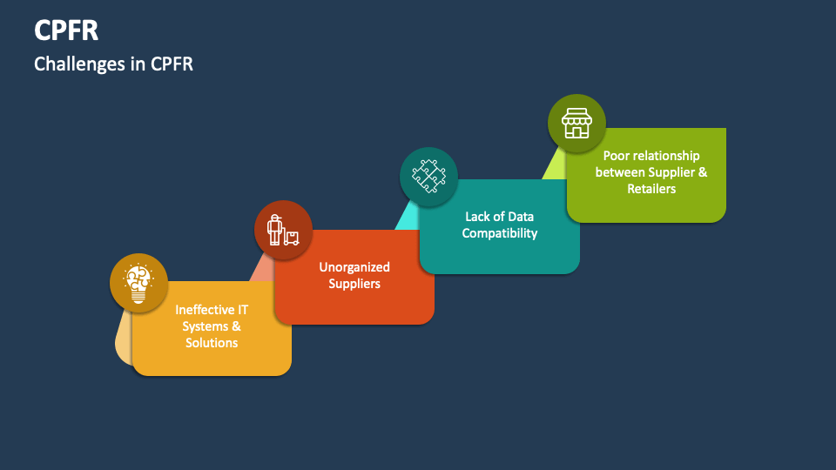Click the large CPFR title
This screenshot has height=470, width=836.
66,30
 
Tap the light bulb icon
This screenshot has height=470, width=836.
138,282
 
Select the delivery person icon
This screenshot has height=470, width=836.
283,229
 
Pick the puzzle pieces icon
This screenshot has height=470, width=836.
428,176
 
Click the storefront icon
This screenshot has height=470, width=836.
576,124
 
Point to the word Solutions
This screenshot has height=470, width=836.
212,343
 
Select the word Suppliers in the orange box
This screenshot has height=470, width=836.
354,284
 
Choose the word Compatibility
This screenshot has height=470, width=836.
500,233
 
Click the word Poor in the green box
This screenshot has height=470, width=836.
617,156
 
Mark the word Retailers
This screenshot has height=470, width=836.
651,189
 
